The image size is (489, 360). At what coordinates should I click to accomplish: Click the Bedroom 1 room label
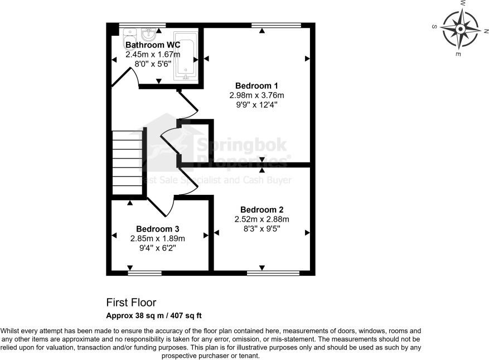pyautogui.click(x=256, y=85)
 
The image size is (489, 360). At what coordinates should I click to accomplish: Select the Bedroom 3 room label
pyautogui.click(x=157, y=229)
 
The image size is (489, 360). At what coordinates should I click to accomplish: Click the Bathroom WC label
pyautogui.click(x=153, y=45)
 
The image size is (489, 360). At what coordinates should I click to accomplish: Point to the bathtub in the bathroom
pyautogui.click(x=185, y=54)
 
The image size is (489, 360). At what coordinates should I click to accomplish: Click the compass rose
pyautogui.click(x=461, y=29)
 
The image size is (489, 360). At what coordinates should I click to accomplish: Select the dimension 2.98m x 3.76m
pyautogui.click(x=256, y=95)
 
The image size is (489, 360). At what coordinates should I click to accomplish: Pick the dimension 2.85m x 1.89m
pyautogui.click(x=157, y=238)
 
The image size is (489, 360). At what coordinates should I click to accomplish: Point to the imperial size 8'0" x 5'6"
pyautogui.click(x=153, y=64)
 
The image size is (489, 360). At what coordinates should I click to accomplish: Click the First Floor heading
pyautogui.click(x=132, y=303)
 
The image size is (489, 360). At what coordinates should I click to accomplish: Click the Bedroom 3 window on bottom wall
pyautogui.click(x=144, y=273)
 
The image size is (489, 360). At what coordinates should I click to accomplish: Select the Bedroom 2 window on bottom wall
pyautogui.click(x=273, y=273)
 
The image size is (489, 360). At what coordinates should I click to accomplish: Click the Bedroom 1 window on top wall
pyautogui.click(x=277, y=25)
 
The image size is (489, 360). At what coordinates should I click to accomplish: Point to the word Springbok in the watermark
pyautogui.click(x=240, y=146)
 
